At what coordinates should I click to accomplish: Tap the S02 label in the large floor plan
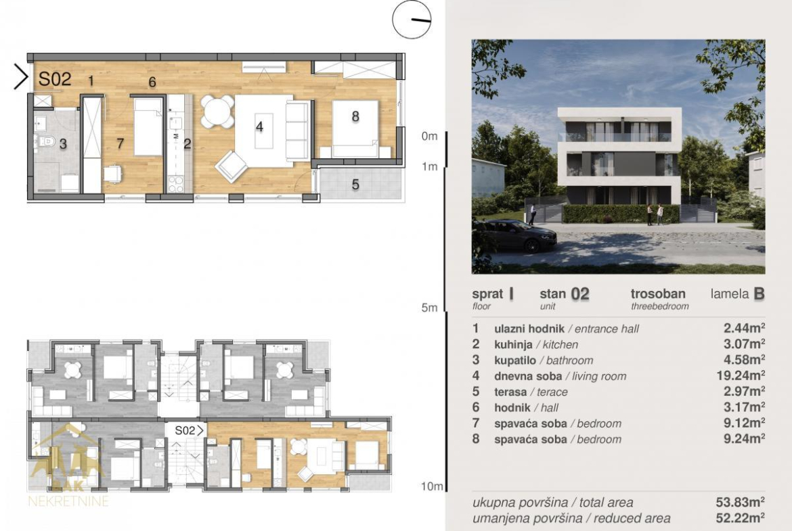click(x=55, y=79)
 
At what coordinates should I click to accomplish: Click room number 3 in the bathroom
click(x=63, y=144)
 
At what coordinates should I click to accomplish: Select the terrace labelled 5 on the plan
click(x=360, y=184)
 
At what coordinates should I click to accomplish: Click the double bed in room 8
click(x=355, y=129)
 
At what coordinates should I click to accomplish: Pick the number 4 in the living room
click(x=260, y=126)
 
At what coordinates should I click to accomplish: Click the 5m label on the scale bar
click(x=429, y=307)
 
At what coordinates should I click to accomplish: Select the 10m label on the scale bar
click(x=432, y=486)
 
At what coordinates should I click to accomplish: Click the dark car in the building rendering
click(x=514, y=235)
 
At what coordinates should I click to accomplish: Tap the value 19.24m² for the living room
click(x=741, y=375)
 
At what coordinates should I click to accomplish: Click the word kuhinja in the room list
click(x=513, y=345)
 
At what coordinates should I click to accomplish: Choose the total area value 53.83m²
click(x=740, y=502)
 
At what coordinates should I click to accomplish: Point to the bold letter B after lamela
click(x=759, y=294)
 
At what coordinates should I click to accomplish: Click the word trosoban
click(x=658, y=294)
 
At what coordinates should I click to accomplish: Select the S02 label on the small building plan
click(x=185, y=431)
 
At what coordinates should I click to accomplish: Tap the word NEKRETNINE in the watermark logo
click(x=68, y=501)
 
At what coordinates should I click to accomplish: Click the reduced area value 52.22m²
click(x=740, y=518)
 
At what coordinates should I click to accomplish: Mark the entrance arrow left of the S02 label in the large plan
click(x=21, y=77)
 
